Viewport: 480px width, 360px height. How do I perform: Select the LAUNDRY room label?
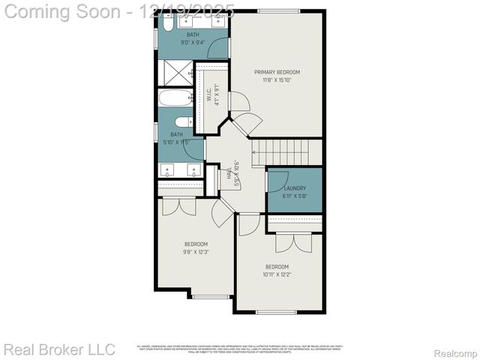(295, 188)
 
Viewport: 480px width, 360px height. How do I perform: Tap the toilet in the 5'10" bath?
(182, 121)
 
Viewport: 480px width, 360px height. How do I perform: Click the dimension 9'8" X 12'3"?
(196, 252)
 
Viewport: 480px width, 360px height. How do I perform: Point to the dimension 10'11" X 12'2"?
(276, 274)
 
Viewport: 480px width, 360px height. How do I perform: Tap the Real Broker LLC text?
(59, 349)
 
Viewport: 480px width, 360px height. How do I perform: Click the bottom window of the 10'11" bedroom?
(277, 312)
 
